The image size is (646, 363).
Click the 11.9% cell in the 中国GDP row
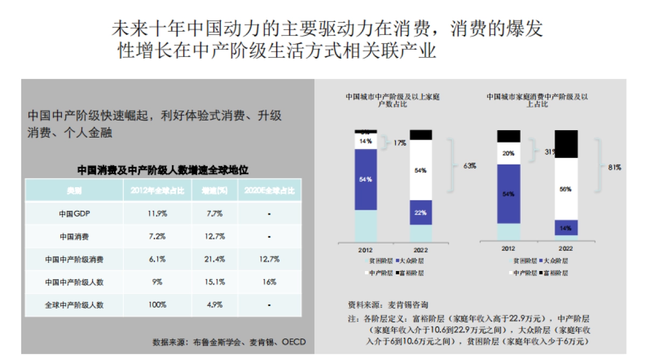coord(158,214)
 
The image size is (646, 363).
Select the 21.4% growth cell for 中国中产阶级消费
coord(214,259)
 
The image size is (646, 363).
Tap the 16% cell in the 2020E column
coord(269,282)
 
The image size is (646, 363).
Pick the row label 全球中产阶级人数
coord(74,305)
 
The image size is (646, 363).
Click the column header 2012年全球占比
coord(158,191)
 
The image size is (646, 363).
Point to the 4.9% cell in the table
coord(214,305)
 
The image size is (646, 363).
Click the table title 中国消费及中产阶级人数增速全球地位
coord(163,170)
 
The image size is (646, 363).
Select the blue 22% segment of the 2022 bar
coord(421,213)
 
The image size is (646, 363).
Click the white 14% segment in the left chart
coord(366,141)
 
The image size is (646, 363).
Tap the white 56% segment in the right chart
coord(566,189)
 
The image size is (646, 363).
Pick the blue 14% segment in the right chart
coord(566,227)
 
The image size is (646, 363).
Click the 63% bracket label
coord(469,166)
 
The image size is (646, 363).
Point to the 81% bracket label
coord(614,167)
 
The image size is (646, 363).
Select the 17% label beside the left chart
coord(399,143)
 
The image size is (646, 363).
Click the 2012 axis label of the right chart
coord(509,249)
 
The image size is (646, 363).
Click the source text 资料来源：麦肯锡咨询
coord(388,304)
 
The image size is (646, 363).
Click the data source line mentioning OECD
coord(228,342)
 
